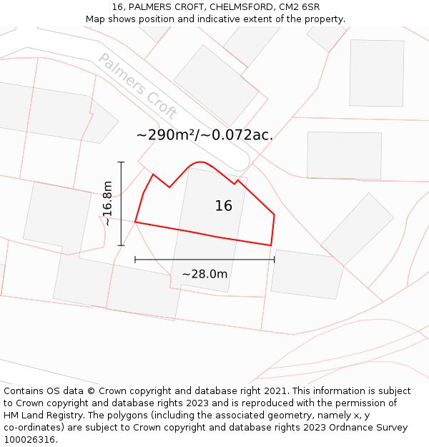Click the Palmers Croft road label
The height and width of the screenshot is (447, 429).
coord(137,85)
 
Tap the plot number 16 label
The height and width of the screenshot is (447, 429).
coord(223,206)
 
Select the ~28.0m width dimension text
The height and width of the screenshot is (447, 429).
coord(204,274)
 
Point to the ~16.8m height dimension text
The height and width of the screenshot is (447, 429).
coord(107,204)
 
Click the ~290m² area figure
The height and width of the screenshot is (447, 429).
coord(166,134)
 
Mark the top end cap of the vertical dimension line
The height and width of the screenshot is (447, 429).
coord(121,162)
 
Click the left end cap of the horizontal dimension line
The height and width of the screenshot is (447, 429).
coord(135,260)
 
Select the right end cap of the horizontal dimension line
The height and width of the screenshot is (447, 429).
coord(274,260)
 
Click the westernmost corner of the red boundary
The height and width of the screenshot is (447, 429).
coord(135,222)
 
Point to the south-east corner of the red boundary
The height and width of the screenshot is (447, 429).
coord(271,245)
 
